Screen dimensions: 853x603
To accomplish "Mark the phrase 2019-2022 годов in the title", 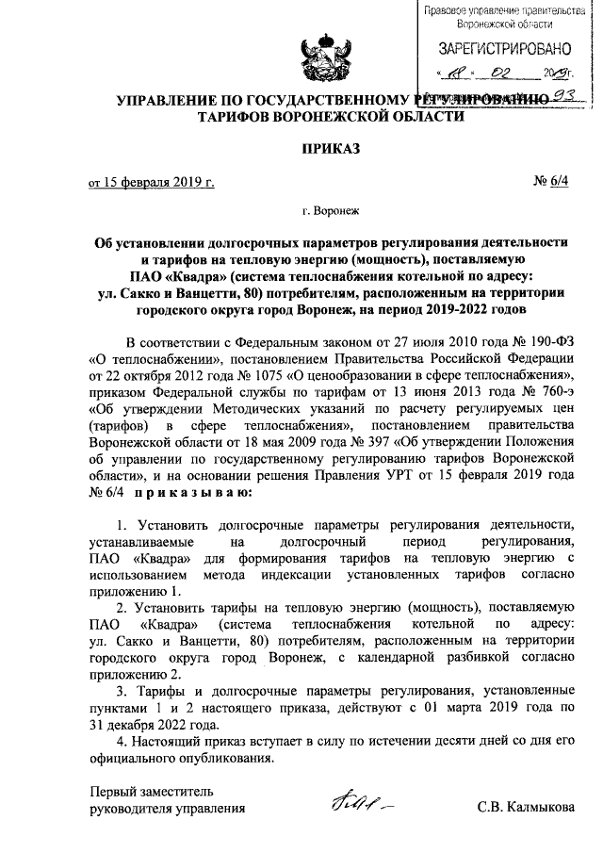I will [473, 308].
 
